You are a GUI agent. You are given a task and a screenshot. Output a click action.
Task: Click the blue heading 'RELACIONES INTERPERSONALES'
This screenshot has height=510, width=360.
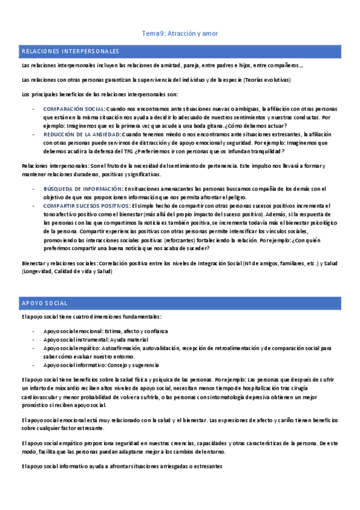pos(71,52)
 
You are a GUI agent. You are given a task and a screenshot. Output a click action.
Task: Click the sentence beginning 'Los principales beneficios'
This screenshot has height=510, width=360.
pos(99,94)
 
